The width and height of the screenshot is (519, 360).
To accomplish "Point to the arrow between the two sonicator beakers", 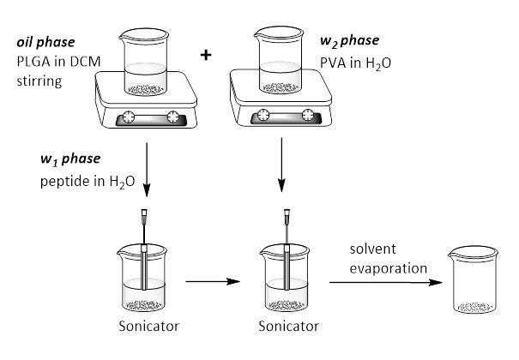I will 210,279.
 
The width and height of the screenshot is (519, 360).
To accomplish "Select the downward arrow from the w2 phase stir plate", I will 282,172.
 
